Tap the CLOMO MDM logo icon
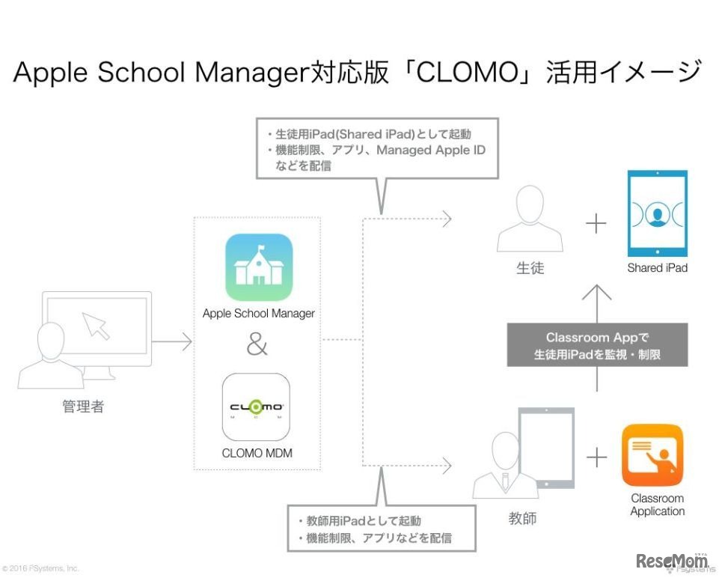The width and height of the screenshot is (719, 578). pyautogui.click(x=256, y=407)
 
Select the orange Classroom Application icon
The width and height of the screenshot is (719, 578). pyautogui.click(x=653, y=454)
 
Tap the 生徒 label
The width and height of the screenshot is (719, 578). pyautogui.click(x=530, y=267)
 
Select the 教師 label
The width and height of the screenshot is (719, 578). pyautogui.click(x=522, y=518)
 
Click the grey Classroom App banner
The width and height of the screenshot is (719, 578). pyautogui.click(x=597, y=344)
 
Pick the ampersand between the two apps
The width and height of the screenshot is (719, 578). pyautogui.click(x=257, y=345)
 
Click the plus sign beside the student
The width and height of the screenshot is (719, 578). pyautogui.click(x=596, y=224)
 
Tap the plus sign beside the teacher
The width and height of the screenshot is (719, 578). pyautogui.click(x=596, y=457)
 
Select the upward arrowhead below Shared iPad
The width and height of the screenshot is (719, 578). pyautogui.click(x=597, y=292)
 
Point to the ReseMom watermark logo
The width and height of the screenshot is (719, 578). pyautogui.click(x=672, y=560)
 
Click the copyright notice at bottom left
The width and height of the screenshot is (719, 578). pyautogui.click(x=40, y=568)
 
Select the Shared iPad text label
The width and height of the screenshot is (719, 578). pyautogui.click(x=657, y=267)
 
